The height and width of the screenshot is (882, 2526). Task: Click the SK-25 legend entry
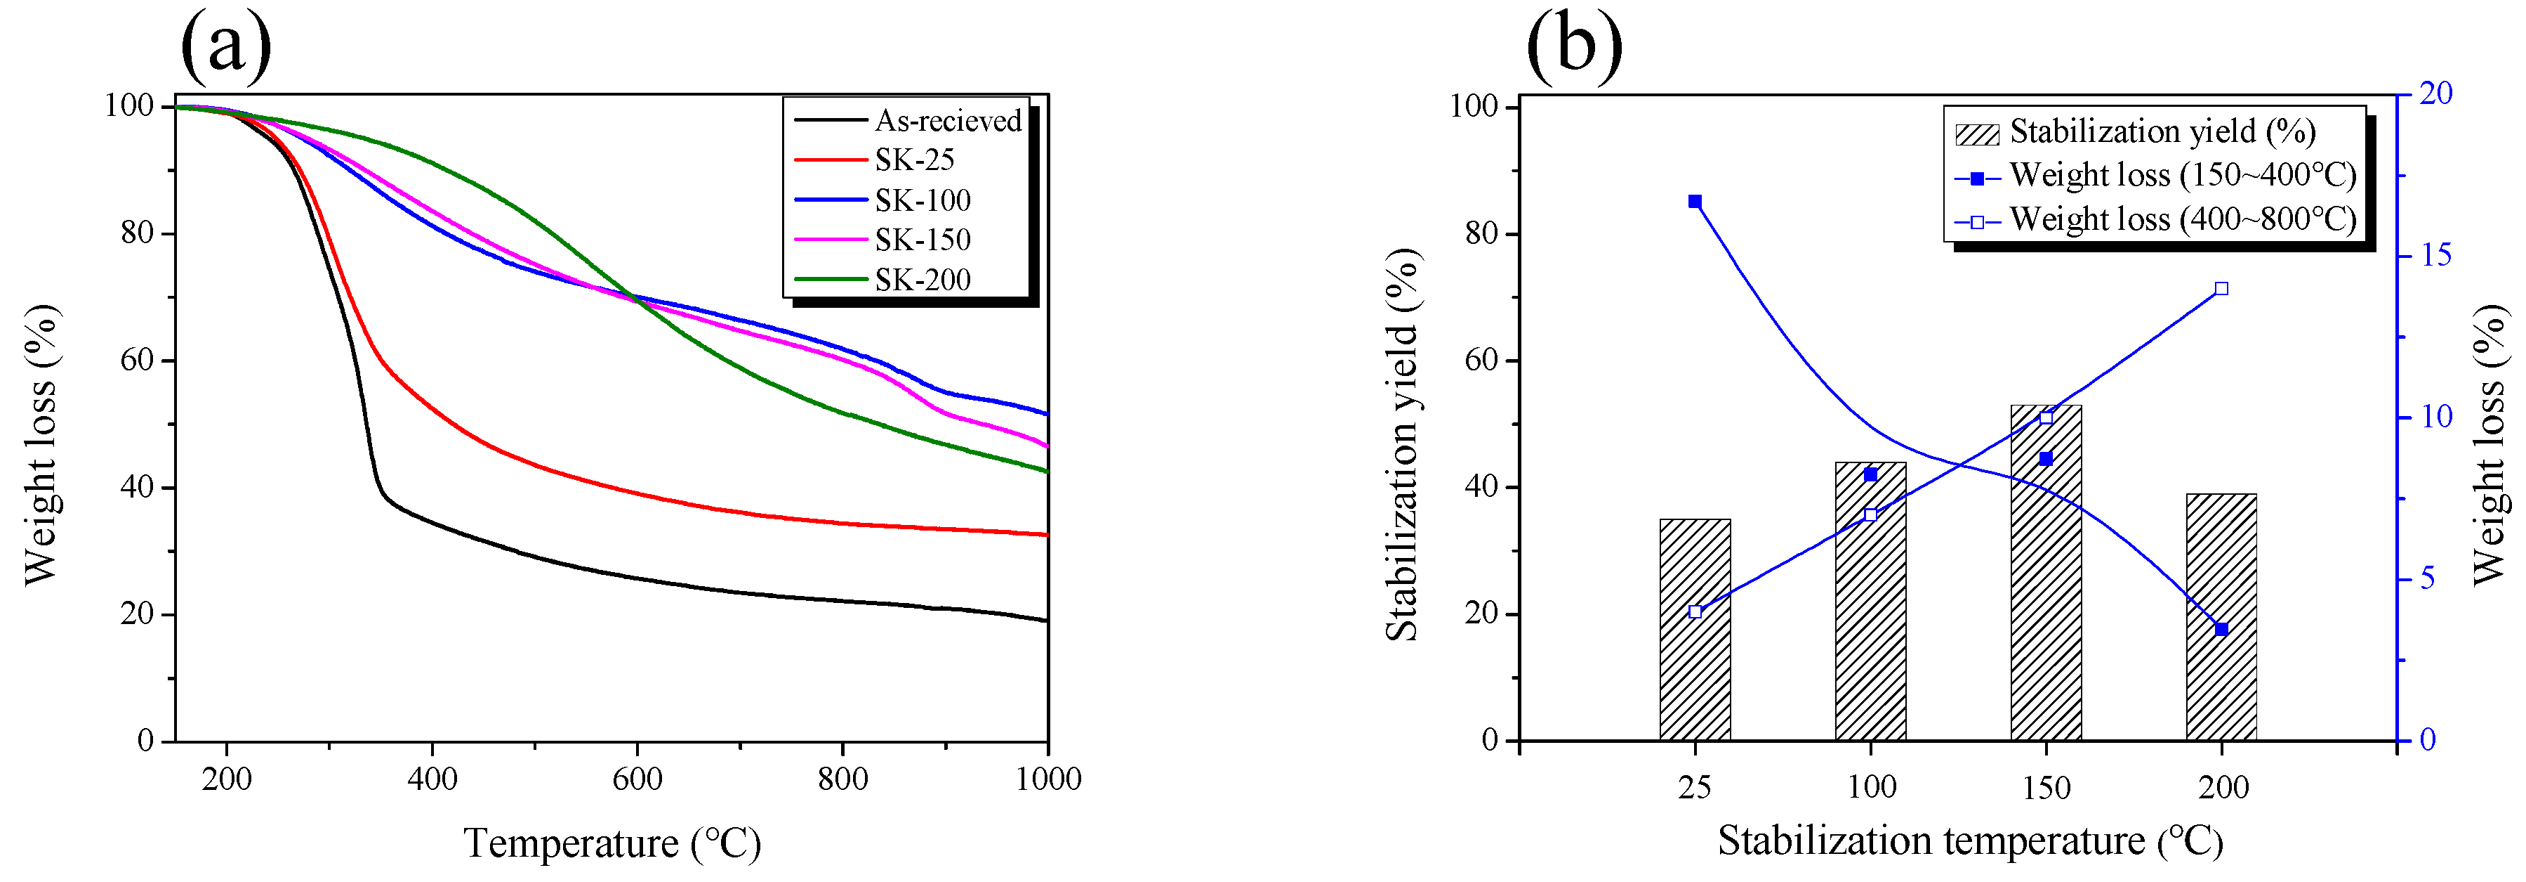click(913, 160)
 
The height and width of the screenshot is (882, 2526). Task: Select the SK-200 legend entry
click(922, 280)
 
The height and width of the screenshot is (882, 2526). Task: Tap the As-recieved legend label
click(947, 121)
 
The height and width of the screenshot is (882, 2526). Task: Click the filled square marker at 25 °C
click(1695, 201)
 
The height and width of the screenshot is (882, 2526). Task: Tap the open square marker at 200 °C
click(2221, 288)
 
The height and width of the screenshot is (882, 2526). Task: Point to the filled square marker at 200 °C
click(2221, 629)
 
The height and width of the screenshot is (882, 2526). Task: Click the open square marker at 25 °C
click(1695, 611)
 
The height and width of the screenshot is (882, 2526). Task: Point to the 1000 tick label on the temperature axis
click(1047, 780)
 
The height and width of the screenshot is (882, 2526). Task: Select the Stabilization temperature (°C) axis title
click(1970, 841)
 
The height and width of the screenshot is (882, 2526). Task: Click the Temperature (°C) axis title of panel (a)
click(612, 843)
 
